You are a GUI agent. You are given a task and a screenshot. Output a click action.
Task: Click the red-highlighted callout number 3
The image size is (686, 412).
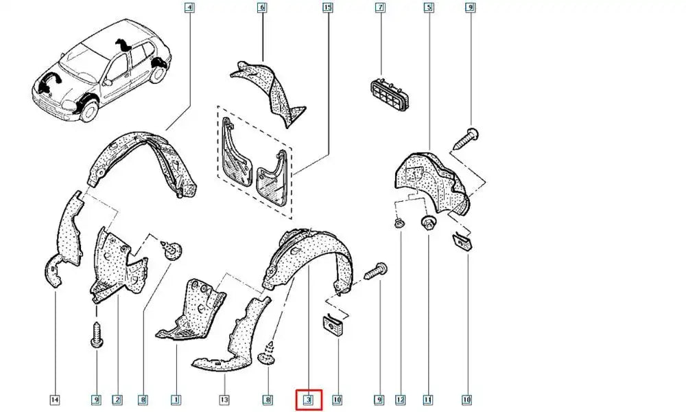(x=309, y=400)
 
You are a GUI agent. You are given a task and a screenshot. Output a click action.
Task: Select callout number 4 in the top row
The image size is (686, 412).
(x=189, y=8)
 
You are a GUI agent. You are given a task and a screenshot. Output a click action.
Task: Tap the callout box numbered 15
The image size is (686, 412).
(x=327, y=8)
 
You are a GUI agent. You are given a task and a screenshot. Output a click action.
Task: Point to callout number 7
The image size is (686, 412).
(x=380, y=8)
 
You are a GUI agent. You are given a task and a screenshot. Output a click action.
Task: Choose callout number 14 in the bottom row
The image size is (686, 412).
(x=55, y=400)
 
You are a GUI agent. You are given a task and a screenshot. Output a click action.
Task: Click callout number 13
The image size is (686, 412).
(x=224, y=400)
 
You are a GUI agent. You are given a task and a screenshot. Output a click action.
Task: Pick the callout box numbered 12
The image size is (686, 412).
(x=401, y=400)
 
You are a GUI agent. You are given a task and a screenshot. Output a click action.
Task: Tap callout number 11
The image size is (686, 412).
(x=427, y=400)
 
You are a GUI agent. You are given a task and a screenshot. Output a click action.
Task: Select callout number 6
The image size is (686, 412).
(x=261, y=8)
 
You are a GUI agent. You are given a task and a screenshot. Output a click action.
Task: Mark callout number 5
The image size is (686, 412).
(x=428, y=8)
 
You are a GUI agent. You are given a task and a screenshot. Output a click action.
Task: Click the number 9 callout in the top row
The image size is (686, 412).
(x=470, y=8)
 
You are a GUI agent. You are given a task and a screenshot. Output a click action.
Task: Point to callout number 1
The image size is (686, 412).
(x=176, y=400)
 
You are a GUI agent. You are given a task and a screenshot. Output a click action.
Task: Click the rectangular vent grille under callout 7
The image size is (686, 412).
(x=391, y=93)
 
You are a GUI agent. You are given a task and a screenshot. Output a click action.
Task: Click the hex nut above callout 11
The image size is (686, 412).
(x=427, y=222)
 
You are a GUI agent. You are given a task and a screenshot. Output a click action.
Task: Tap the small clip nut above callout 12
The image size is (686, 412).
(x=399, y=224)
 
